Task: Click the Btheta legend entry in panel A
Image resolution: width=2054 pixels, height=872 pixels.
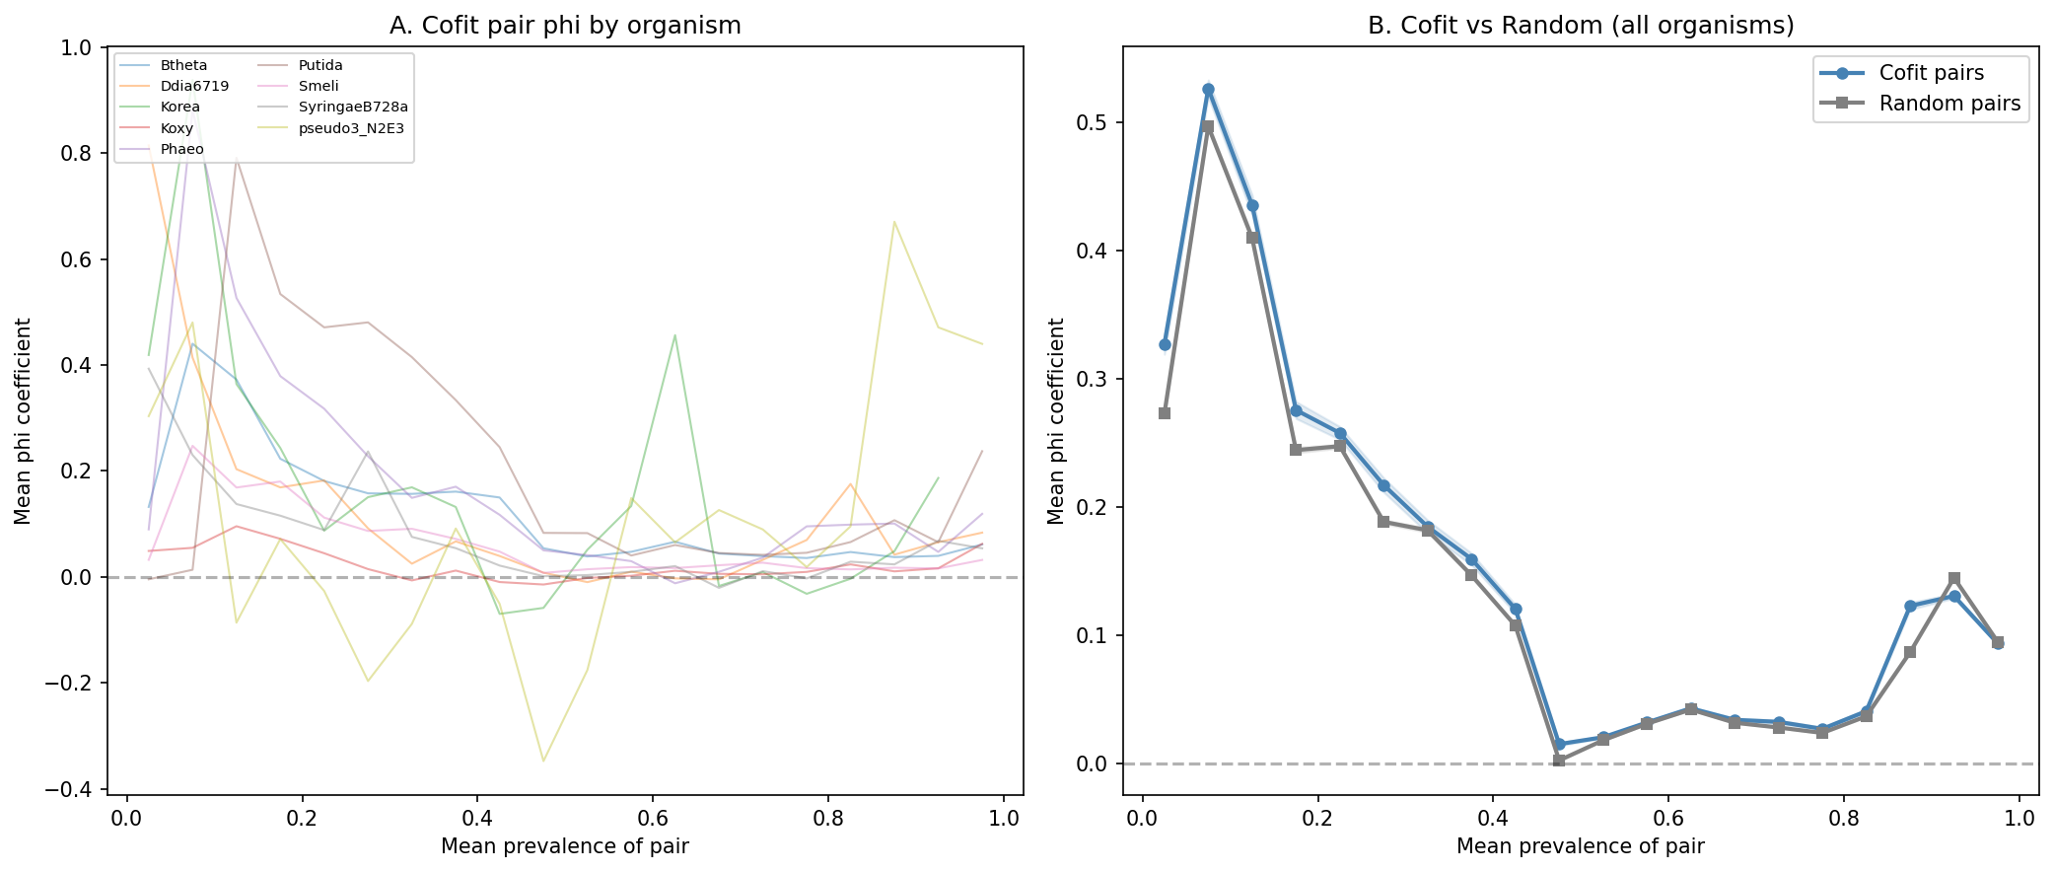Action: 183,66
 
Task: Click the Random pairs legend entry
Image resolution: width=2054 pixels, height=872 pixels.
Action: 1948,104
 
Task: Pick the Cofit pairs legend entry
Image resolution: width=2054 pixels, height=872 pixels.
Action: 1931,73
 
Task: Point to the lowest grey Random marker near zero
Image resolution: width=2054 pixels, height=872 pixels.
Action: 1559,761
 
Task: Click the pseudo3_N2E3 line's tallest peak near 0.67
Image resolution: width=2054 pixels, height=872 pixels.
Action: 893,222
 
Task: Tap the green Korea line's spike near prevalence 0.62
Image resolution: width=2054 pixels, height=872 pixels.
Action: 674,335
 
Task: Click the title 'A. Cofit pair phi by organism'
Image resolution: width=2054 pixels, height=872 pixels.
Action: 565,26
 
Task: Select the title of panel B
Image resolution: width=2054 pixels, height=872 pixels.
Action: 1580,26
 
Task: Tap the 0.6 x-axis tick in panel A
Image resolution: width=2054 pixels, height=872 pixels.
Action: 653,819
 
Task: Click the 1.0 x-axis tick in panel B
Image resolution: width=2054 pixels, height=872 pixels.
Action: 2019,819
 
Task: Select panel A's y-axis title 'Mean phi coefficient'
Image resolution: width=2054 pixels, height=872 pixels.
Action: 23,420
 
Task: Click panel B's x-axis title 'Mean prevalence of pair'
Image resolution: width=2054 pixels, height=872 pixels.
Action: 1580,846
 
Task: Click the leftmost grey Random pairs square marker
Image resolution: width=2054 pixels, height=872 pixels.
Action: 1165,413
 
